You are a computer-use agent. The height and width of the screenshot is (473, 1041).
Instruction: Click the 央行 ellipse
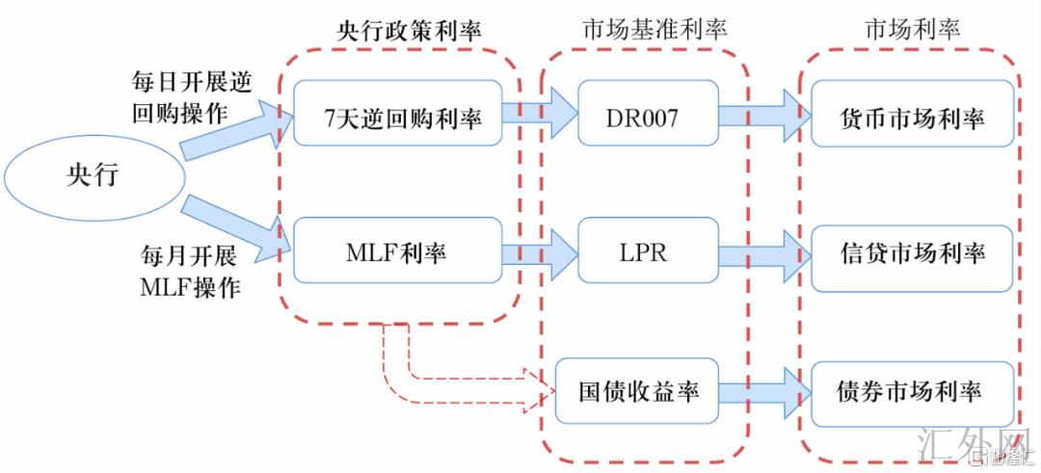[x=94, y=174]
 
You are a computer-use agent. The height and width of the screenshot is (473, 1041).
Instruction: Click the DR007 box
[x=648, y=117]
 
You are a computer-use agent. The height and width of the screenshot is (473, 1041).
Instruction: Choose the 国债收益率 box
[x=637, y=391]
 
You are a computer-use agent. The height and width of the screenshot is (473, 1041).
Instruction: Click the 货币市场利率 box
[x=912, y=117]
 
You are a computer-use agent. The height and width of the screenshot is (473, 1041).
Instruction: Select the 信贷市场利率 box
[x=912, y=255]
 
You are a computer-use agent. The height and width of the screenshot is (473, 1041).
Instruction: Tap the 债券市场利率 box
[x=910, y=392]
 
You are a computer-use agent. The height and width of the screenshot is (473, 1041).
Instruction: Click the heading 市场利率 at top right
[x=912, y=29]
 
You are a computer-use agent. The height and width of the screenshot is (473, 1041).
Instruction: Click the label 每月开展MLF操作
[x=189, y=272]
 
